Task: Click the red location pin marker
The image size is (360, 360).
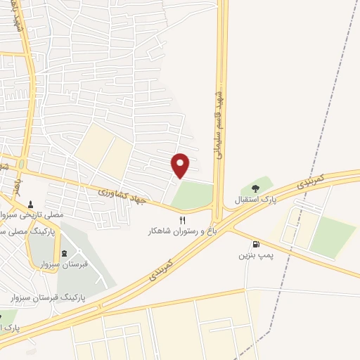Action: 181,165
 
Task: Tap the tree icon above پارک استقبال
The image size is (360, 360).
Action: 255,188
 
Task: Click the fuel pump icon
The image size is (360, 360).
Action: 254,244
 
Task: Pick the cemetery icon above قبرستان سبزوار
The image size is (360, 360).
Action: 65,253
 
